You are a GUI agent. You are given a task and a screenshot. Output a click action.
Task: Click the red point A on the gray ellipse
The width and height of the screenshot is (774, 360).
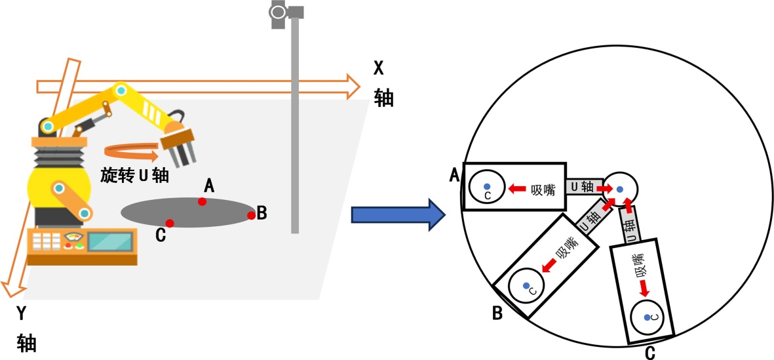pos(203,201)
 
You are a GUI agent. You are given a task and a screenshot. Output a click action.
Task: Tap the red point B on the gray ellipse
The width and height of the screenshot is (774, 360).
pos(251,214)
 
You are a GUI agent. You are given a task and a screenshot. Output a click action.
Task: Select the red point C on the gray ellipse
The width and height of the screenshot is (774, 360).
pos(169,223)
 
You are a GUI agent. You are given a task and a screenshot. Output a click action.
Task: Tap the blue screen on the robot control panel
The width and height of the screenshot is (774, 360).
pos(109,241)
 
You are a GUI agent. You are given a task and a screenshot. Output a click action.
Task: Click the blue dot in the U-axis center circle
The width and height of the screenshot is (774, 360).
pos(619,188)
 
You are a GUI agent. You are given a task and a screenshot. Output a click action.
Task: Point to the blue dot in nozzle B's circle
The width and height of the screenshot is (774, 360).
pos(526,285)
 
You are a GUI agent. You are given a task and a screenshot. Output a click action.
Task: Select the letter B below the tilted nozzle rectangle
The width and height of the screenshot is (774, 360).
pos(497,314)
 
